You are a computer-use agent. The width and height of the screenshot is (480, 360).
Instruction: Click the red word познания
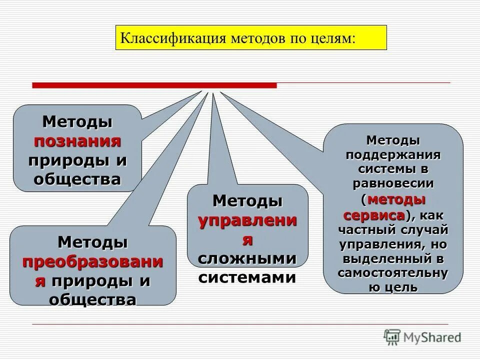point(77,140)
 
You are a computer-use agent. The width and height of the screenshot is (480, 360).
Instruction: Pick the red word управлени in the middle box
point(247,220)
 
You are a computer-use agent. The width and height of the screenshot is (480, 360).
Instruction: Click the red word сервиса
point(374,215)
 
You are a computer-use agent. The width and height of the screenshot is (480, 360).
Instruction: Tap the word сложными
point(247,258)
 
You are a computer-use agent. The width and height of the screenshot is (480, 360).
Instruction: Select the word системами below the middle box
point(247,277)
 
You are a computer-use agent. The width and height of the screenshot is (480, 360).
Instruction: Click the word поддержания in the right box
point(393,153)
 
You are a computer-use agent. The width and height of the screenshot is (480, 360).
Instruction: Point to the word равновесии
point(393,183)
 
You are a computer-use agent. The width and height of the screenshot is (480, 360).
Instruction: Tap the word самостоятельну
point(393,273)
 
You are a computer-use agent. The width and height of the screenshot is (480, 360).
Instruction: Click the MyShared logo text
point(433,337)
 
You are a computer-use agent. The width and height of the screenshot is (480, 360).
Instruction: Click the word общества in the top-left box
point(77,179)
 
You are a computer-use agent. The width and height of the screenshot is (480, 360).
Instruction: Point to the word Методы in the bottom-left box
point(92,242)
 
